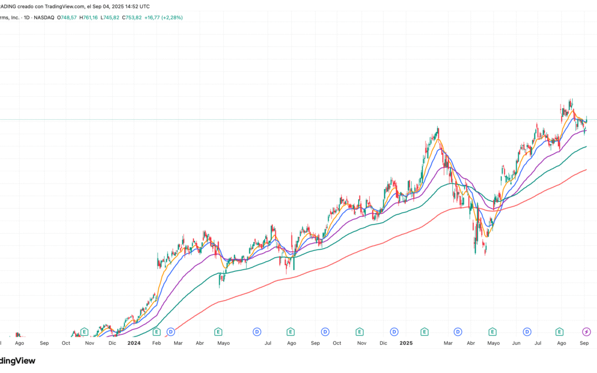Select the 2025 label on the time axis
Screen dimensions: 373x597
tap(406, 343)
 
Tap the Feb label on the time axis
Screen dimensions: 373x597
tap(156, 343)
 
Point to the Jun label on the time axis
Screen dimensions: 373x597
tap(516, 343)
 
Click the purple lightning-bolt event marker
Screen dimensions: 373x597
tap(587, 332)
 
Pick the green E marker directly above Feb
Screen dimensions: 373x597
tap(156, 332)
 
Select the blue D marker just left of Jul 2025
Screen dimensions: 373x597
tap(527, 332)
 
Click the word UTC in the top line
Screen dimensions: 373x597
tap(144, 7)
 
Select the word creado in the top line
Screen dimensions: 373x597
tap(24, 7)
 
